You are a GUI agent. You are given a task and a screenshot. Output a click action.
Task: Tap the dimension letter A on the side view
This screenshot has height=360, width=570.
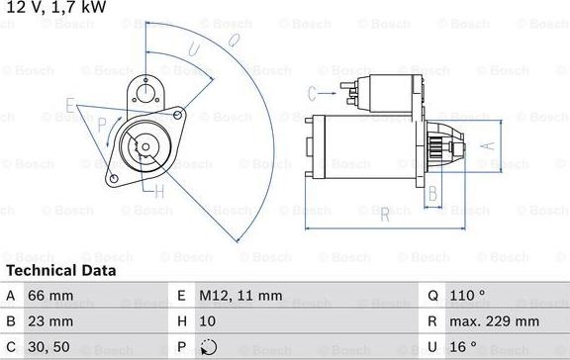click(486, 144)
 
